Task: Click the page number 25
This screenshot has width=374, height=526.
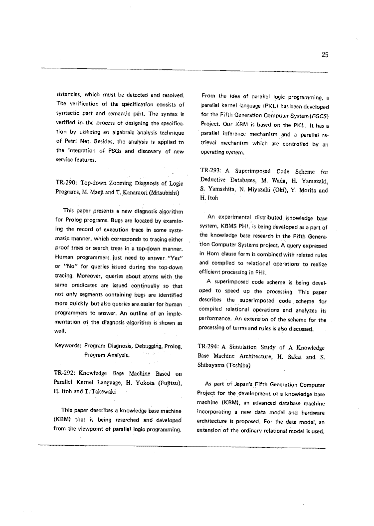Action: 325,55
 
